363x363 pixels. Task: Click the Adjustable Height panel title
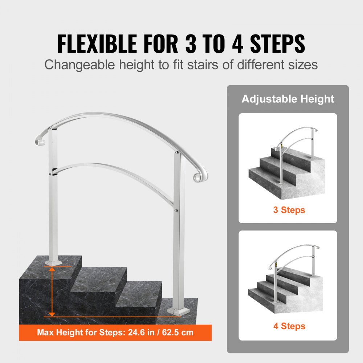[x=288, y=99]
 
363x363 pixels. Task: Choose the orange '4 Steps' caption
[x=289, y=326]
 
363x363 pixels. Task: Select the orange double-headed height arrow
[x=52, y=291]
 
